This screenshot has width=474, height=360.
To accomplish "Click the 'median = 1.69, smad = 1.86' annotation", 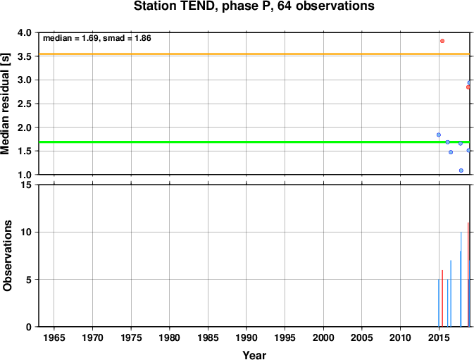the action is coord(97,38).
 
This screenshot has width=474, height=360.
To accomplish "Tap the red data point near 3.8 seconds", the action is coord(442,41).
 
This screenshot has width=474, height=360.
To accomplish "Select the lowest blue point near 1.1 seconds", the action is coord(461,170).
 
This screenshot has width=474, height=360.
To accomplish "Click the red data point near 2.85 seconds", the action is coord(468,87).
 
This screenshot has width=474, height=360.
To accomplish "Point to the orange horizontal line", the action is coord(254,54).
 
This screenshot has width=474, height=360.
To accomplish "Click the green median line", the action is coord(254,142).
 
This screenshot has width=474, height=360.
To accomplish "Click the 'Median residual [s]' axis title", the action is coord(5,104).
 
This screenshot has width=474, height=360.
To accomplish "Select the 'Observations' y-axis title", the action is coord(7,256).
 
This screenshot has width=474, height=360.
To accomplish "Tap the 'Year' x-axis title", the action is coord(254,355).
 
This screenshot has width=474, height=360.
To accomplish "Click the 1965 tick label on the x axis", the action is coord(54,337).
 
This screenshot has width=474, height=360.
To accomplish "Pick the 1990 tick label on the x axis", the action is coord(247,337).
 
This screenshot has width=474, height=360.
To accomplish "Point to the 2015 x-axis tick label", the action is coord(439,337).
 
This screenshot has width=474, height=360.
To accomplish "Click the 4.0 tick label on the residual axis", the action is coord(25,32).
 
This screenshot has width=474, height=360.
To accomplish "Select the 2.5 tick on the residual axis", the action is coord(25,104).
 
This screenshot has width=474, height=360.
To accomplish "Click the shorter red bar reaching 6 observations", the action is coord(442,298).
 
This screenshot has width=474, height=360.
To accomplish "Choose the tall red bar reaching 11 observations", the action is coord(468,275).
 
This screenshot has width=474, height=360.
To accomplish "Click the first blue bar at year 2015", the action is coord(439,303).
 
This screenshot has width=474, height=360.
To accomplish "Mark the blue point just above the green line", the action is coord(439,135).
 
